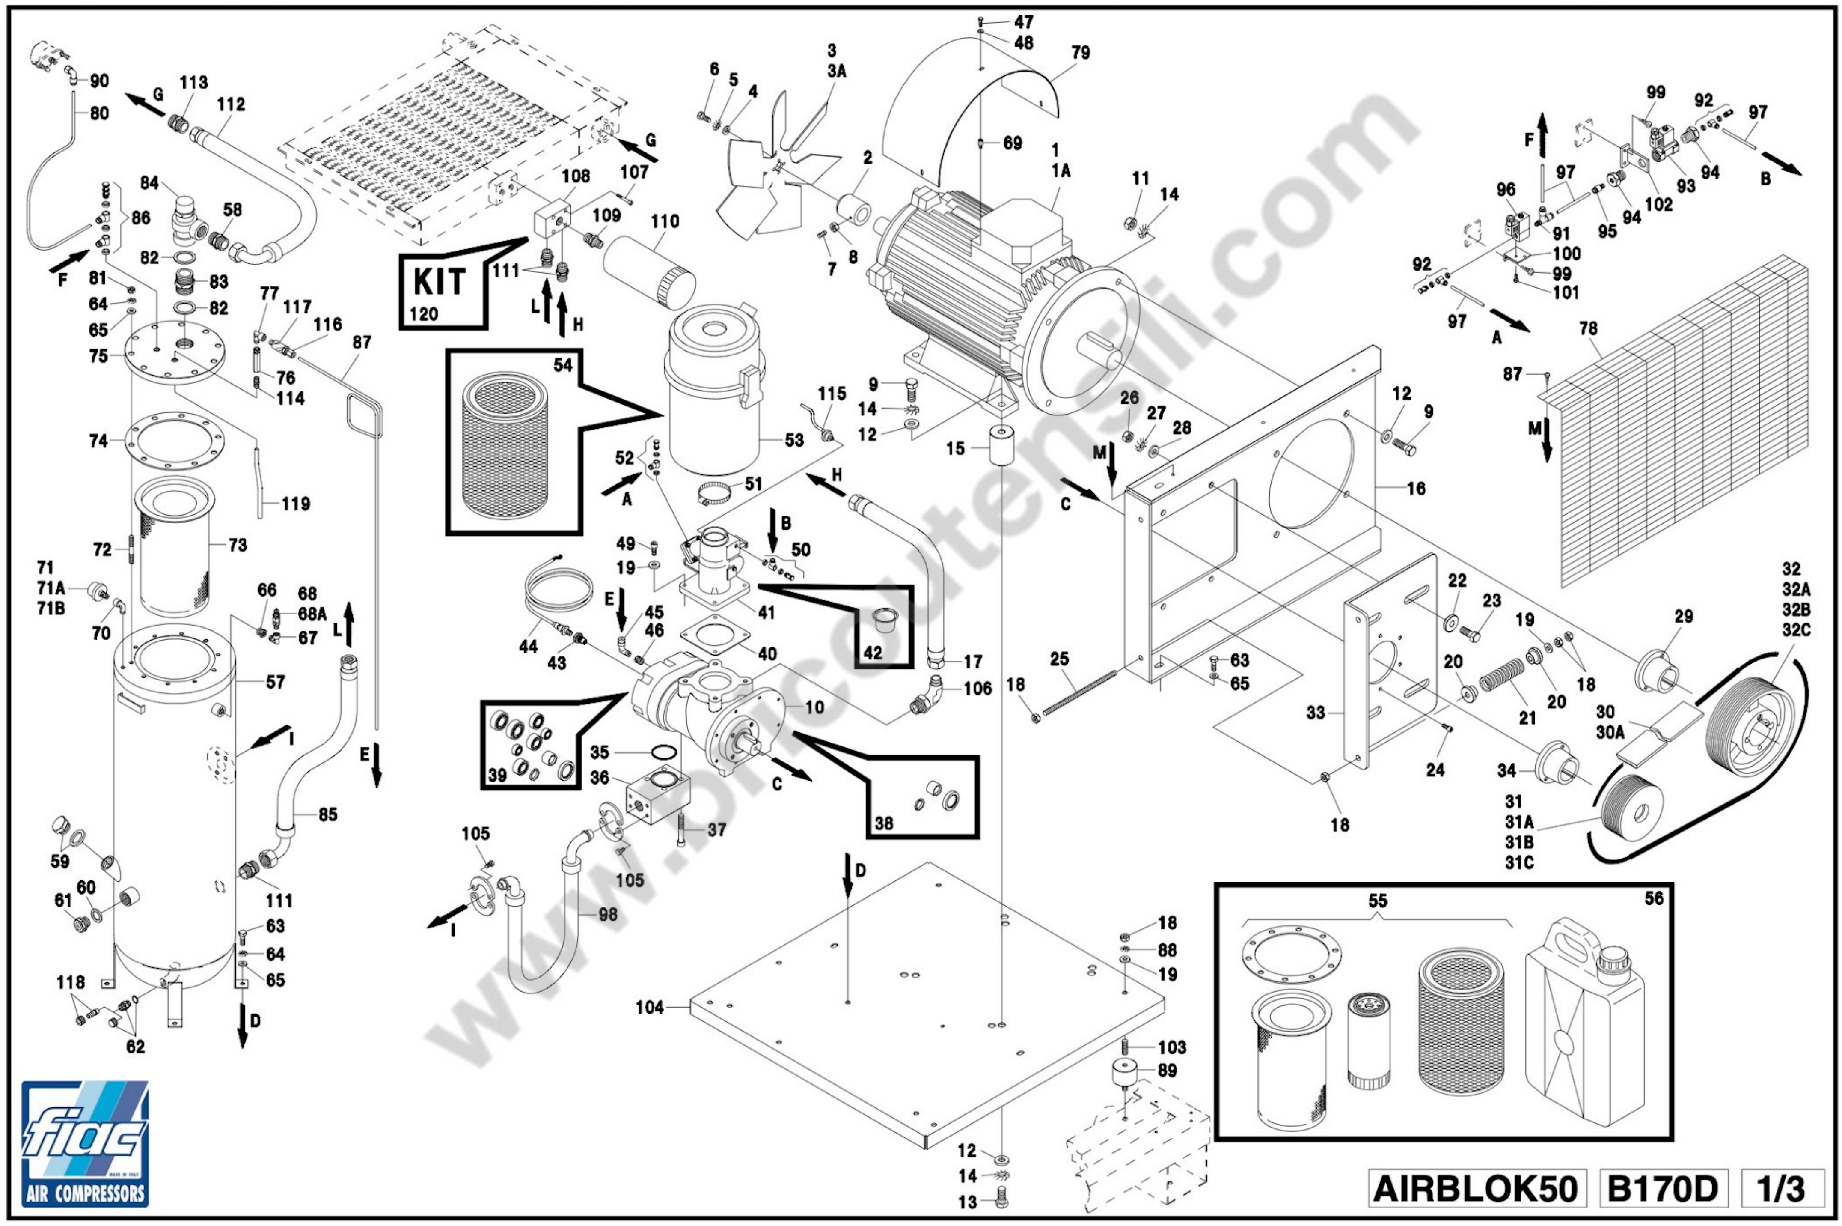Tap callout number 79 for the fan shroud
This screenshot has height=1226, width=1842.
(1080, 53)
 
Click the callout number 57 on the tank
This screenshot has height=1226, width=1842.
(275, 682)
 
